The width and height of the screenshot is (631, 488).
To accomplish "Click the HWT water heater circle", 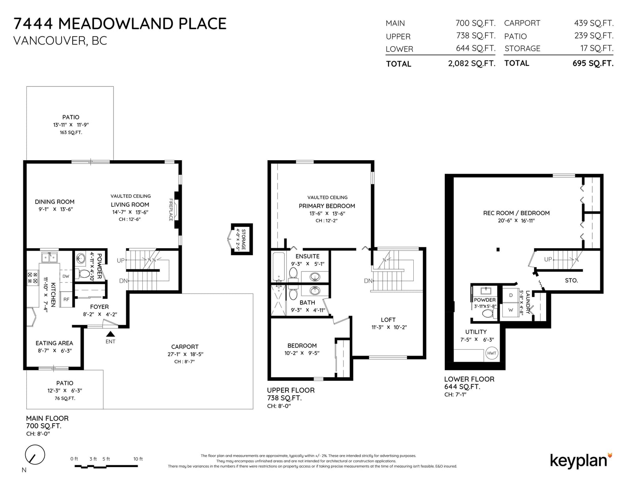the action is point(491,353).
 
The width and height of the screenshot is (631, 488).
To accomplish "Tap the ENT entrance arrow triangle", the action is point(110,334).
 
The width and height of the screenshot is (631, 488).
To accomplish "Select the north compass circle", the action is point(35,454).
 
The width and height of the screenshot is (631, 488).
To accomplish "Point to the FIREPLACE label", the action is point(171,209).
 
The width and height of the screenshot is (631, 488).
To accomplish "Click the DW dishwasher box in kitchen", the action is point(66,276).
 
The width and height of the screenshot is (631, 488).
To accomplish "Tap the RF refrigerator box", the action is point(66,299).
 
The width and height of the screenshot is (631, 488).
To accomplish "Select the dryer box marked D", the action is point(510,295).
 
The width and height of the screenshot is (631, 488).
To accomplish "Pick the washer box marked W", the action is point(510,310).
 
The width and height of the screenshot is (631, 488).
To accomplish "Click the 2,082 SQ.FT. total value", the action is point(472,64).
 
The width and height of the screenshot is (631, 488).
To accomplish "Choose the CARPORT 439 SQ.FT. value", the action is point(594,23).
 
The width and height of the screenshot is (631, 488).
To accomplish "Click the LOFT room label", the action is point(388,320).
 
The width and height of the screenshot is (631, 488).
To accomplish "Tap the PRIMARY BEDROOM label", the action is point(327,206).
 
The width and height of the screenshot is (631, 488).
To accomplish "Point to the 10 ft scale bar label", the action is point(138,459).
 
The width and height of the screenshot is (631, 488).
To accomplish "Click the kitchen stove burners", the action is point(32,278).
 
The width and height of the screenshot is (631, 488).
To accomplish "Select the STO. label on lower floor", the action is point(571,280).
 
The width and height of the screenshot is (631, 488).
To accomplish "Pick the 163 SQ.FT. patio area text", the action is point(71,133).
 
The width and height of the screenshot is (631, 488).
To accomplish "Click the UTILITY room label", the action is point(476,332).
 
